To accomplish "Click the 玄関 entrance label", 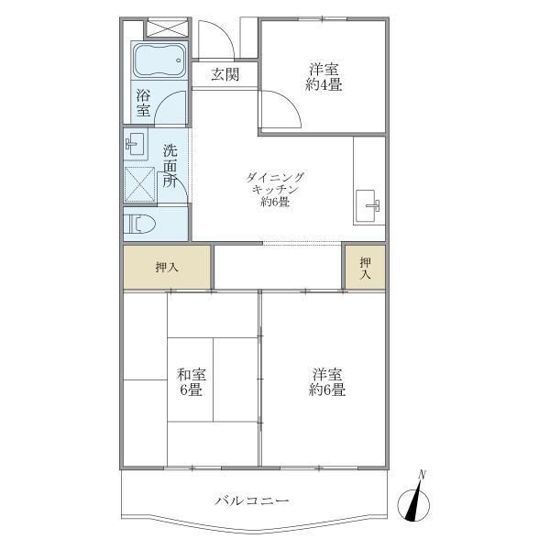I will tap(225, 75).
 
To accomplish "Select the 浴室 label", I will tap(144, 102).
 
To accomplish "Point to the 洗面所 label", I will tap(170, 165).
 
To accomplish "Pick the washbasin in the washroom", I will tap(135, 142).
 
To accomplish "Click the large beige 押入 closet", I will tap(167, 267).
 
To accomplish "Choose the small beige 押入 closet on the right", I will tap(365, 268).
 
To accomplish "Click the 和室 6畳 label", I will tap(191, 381).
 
